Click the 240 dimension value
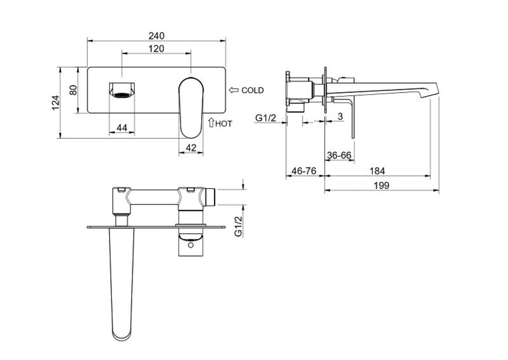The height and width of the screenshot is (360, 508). coord(156,36)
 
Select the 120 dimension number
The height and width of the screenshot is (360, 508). coord(156,49)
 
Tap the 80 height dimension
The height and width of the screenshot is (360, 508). coord(74,90)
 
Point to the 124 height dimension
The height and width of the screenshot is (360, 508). coord(56,103)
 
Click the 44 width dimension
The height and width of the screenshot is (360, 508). coord(122,128)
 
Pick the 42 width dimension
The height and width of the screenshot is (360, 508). coord(191,148)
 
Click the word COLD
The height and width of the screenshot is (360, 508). coord(252,91)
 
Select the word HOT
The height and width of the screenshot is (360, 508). coord(224,124)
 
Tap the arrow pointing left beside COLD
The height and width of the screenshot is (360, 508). coord(234,90)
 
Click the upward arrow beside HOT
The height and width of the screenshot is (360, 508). coord(211,122)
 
